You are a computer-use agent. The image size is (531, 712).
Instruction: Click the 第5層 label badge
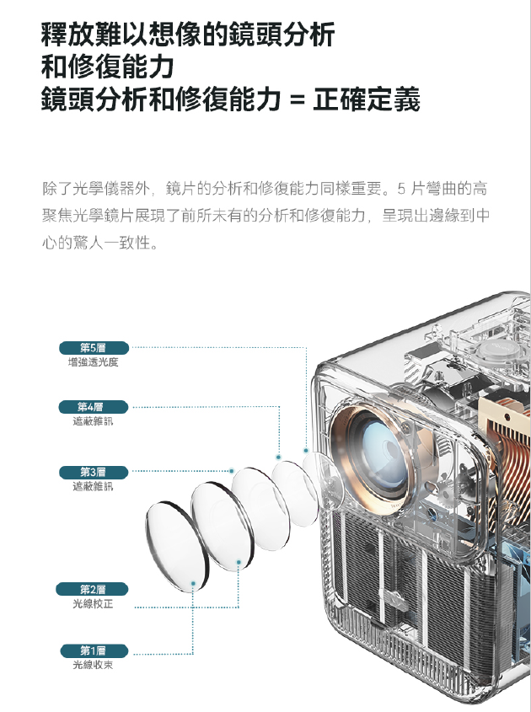(94, 348)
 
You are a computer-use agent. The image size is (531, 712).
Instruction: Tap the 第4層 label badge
(94, 407)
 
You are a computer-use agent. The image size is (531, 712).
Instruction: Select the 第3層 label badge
(94, 472)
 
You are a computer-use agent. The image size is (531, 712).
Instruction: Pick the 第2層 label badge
(92, 589)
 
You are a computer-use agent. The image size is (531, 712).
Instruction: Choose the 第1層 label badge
(94, 650)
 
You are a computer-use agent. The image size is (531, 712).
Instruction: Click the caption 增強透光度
(93, 362)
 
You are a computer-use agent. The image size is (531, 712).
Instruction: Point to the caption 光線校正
(93, 604)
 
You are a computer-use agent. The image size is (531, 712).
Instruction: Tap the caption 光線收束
(93, 665)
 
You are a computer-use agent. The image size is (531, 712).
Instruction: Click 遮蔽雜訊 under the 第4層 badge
(93, 421)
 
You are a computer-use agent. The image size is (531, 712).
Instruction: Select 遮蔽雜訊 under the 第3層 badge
(93, 487)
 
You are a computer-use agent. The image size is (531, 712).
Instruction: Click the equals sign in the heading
(297, 100)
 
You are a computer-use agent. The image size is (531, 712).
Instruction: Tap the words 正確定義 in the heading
(366, 99)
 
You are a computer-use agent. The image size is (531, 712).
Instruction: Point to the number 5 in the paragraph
(401, 189)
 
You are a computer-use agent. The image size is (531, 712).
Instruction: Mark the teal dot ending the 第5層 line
(306, 451)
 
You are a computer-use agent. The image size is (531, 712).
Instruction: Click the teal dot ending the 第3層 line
(232, 471)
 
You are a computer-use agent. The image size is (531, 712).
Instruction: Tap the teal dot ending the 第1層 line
(193, 583)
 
